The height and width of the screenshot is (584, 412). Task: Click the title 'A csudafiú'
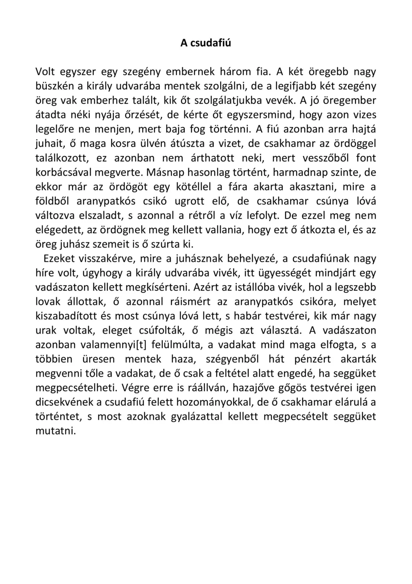[205, 43]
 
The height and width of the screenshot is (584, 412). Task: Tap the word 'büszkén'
[53, 86]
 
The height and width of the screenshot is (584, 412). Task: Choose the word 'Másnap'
[166, 172]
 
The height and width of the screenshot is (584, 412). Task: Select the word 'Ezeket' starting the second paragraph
[60, 259]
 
